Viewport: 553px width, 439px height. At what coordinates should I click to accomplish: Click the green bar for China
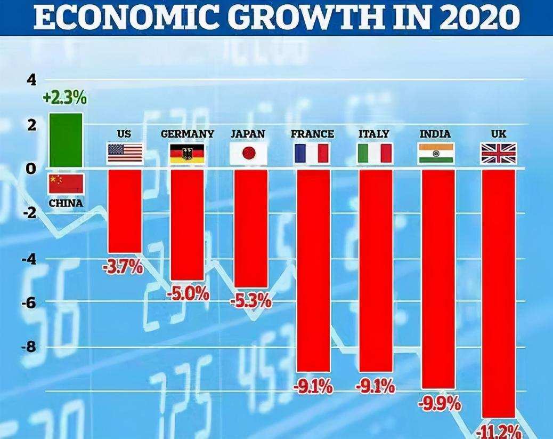[66, 140]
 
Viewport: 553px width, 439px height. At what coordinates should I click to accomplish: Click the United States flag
[125, 153]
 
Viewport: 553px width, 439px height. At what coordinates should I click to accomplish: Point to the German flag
[187, 154]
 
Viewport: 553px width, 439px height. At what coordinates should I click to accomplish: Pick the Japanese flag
[248, 154]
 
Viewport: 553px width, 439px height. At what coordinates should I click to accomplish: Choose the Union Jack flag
[499, 154]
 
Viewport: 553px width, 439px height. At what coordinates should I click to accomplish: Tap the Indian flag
[436, 154]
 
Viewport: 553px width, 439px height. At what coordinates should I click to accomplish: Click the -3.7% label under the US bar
[123, 266]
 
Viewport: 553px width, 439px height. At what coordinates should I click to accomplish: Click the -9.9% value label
[440, 403]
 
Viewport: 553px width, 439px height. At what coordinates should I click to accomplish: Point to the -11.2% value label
[499, 431]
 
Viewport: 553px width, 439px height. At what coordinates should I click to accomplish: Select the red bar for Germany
[187, 224]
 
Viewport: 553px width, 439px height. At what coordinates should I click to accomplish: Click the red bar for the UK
[499, 293]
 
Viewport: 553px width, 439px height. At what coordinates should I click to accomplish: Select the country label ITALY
[374, 133]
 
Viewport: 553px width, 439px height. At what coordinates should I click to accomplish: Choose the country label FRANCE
[313, 133]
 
